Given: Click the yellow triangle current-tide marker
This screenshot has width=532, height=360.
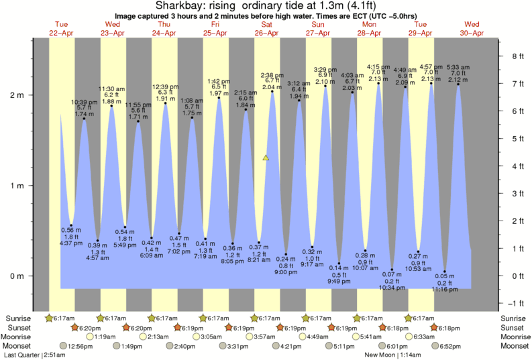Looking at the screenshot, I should pyautogui.click(x=266, y=158).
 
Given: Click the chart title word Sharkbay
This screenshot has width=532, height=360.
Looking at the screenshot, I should pyautogui.click(x=177, y=6).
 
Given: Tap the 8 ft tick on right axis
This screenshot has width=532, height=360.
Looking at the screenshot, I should pyautogui.click(x=517, y=56).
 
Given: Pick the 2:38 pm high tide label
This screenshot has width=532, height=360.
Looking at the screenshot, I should pyautogui.click(x=272, y=75).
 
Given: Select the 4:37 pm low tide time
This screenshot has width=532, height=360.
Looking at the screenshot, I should pyautogui.click(x=71, y=243).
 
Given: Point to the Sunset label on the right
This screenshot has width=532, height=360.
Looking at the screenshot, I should pyautogui.click(x=514, y=327).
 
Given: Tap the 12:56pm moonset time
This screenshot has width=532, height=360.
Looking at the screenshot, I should pyautogui.click(x=80, y=346).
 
